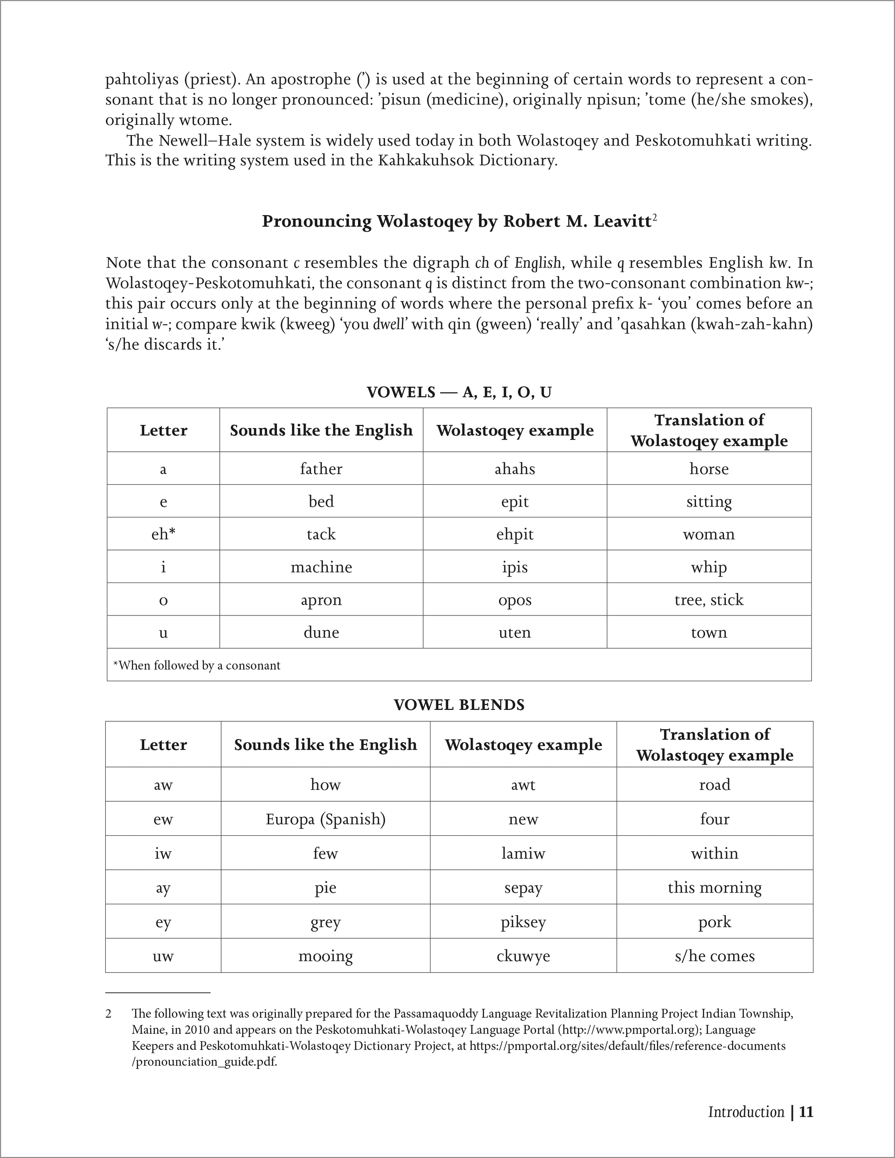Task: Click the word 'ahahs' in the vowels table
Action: tap(515, 469)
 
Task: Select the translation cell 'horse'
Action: tap(709, 469)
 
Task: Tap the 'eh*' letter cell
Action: tap(163, 534)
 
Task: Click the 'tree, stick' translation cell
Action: tap(709, 600)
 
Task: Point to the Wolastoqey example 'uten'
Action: tap(515, 632)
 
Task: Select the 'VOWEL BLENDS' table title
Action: tap(459, 705)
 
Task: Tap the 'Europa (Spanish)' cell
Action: tap(325, 819)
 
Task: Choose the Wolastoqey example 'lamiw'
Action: tap(523, 853)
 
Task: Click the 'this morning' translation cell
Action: tap(715, 888)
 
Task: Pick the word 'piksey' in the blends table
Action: tap(523, 922)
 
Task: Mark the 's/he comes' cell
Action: tap(715, 956)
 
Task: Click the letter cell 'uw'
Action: tap(163, 956)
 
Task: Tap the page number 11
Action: tap(806, 1112)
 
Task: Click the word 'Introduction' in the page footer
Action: tap(746, 1112)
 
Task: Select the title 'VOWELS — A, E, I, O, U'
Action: tap(459, 392)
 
